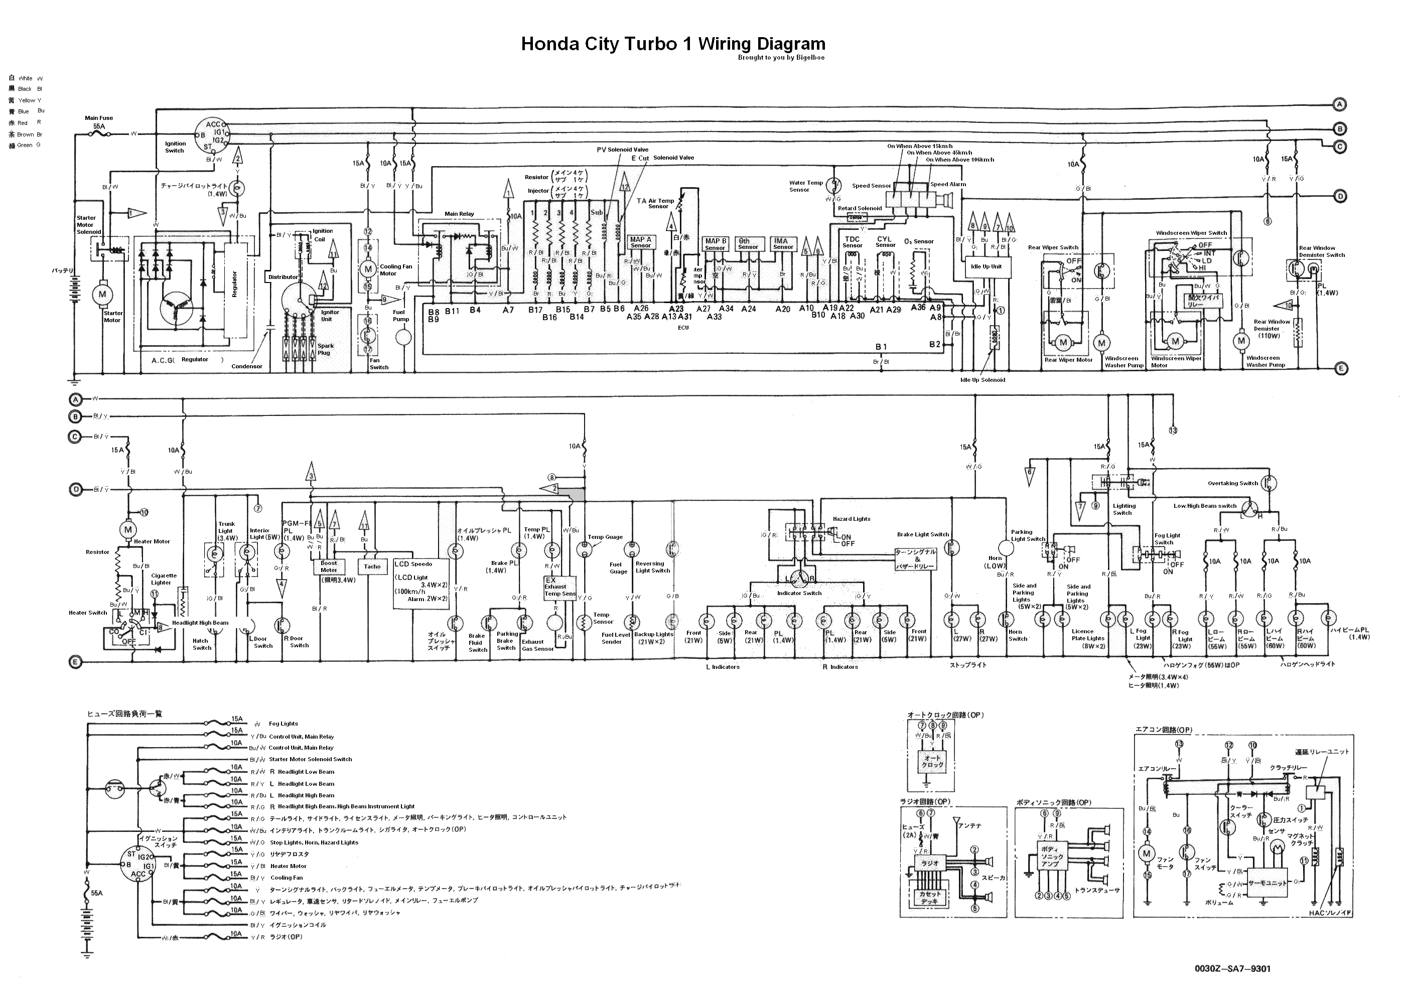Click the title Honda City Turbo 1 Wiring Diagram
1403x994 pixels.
673,44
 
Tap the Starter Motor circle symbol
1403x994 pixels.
102,295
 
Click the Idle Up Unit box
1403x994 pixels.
986,267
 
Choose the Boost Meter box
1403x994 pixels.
329,566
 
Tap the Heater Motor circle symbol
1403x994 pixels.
128,529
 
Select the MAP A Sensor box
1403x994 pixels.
641,243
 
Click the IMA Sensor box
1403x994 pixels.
783,243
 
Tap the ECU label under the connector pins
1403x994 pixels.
683,328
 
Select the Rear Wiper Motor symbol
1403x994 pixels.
1063,343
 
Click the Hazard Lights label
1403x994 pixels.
851,519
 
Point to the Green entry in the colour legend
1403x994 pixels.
25,146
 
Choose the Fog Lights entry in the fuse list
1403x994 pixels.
284,724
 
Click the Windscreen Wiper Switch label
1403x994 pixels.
1191,233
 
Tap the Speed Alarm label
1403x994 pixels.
948,184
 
